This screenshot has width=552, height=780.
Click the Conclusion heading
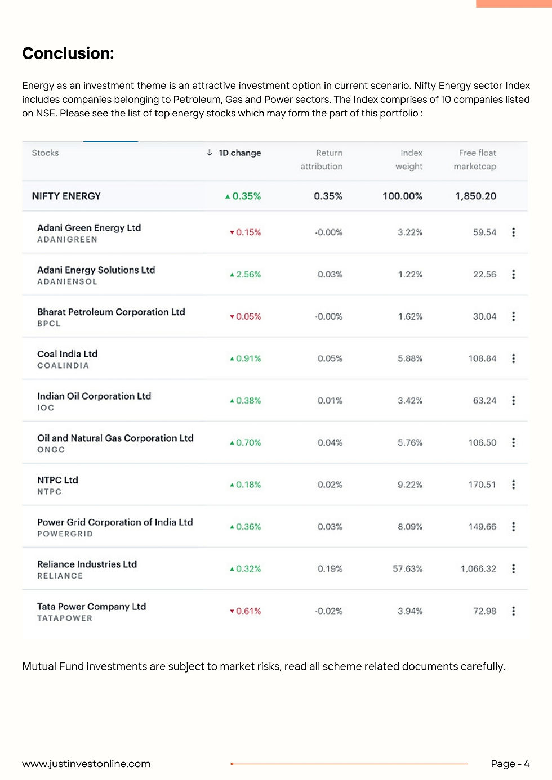[68, 53]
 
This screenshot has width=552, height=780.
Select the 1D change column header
[239, 153]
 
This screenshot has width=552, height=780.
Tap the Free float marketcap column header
[476, 160]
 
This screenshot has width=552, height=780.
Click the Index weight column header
[409, 160]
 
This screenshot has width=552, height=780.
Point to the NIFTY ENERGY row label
[66, 196]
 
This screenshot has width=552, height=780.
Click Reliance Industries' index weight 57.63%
[407, 569]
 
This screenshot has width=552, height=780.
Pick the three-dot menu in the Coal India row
[513, 358]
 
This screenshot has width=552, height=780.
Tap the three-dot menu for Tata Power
[513, 611]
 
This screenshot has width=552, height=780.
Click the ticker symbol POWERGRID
[65, 534]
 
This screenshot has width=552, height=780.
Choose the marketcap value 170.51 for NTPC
[482, 485]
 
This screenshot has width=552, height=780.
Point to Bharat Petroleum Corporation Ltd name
[111, 312]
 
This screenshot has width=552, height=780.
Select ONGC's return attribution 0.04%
[330, 443]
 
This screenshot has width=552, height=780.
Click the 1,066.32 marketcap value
[478, 569]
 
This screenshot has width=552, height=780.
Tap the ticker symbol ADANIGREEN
[68, 240]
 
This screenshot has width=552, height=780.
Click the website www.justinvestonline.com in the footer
[86, 764]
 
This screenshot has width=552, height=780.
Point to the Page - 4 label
[510, 764]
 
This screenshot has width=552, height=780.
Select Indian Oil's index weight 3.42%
[410, 401]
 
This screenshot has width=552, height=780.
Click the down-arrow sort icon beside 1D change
[210, 153]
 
